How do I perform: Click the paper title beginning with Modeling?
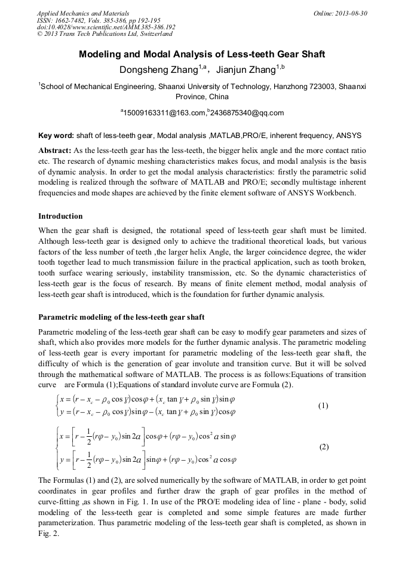pyautogui.click(x=202, y=54)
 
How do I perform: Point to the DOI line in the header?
pyautogui.click(x=106, y=27)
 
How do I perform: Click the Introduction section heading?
pyautogui.click(x=60, y=216)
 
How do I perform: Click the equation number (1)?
pyautogui.click(x=323, y=406)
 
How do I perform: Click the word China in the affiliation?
pyautogui.click(x=217, y=97)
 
